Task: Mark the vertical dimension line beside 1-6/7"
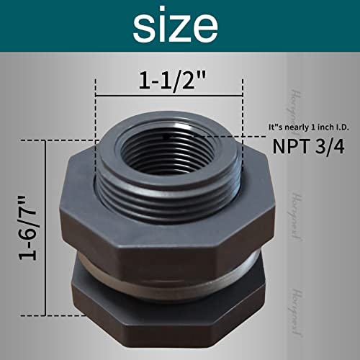point(48,229)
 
